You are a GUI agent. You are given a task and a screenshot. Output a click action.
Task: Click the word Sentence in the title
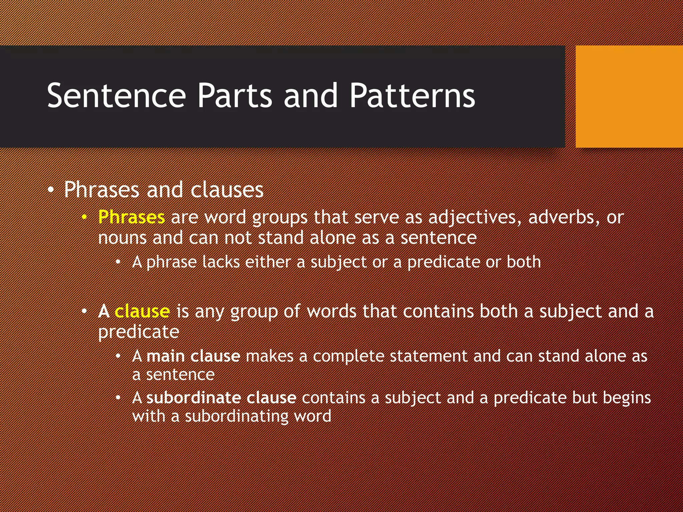point(116,96)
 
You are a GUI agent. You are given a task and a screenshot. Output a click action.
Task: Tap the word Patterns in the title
point(412,96)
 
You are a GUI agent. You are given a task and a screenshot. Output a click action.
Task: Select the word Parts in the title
point(235,96)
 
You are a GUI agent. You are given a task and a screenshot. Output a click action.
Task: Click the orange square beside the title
point(629,97)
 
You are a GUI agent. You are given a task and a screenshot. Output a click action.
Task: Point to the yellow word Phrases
point(131,217)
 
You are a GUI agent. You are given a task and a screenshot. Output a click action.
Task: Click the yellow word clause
point(142,311)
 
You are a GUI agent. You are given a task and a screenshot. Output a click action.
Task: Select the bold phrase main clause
point(193,356)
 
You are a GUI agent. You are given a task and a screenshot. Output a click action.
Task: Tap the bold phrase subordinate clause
point(221,398)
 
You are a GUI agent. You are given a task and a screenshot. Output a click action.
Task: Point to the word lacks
point(221,262)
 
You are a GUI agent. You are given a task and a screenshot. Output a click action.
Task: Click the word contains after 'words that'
point(438,311)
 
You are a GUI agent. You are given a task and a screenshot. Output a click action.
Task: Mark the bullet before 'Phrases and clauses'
point(50,190)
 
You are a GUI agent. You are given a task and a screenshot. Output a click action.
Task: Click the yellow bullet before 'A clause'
point(84,312)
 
